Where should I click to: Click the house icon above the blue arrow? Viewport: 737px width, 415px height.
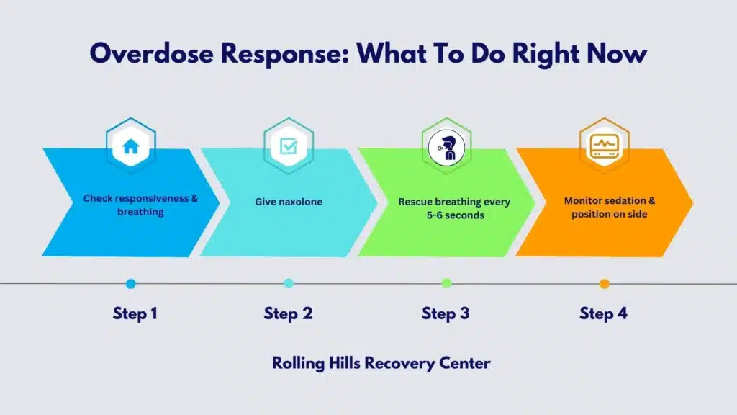(x=130, y=147)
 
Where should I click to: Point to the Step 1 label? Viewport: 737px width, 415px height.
(x=135, y=313)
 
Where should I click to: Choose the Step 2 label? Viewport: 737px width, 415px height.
(x=288, y=313)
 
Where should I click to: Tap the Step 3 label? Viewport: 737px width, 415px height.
(x=446, y=313)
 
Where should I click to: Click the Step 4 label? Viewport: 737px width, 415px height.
(x=604, y=313)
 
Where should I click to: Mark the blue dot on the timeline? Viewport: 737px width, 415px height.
(x=130, y=284)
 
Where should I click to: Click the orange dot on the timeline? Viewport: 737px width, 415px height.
(x=605, y=284)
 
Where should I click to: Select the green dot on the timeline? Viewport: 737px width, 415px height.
(x=446, y=284)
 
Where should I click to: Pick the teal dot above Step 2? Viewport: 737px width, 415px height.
(x=289, y=284)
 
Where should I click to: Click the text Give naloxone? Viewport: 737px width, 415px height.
(x=289, y=202)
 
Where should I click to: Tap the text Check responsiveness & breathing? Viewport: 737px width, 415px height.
(x=140, y=205)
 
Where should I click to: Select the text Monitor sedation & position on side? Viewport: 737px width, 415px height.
(x=610, y=207)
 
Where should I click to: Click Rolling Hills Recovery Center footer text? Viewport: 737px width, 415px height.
(x=381, y=362)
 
